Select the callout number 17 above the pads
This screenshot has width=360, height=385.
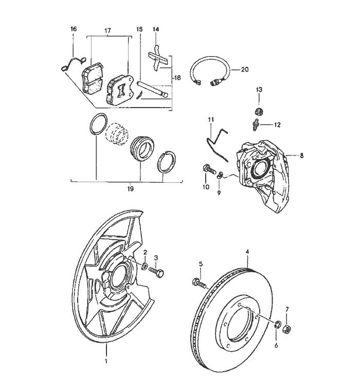(107, 31)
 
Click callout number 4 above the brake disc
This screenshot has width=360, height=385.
(247, 252)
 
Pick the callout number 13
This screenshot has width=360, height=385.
(259, 90)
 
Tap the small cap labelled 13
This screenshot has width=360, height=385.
(260, 110)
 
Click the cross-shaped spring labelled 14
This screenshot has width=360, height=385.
(157, 59)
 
